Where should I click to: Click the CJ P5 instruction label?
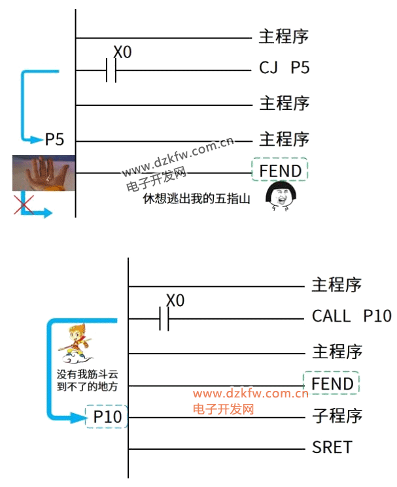tap(284, 68)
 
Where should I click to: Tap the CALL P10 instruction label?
tap(351, 317)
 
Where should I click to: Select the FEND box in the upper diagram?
tap(280, 171)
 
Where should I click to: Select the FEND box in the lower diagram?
tap(332, 384)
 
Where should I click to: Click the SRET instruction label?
tap(332, 448)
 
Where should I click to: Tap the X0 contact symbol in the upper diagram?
tap(112, 70)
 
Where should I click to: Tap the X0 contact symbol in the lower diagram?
tap(164, 319)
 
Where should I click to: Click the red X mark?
tap(24, 205)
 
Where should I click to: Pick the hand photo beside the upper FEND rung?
tap(43, 173)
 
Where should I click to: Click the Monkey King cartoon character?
tap(73, 347)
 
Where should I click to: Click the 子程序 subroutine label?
tap(337, 416)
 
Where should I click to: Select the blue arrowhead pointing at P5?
tap(38, 139)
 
